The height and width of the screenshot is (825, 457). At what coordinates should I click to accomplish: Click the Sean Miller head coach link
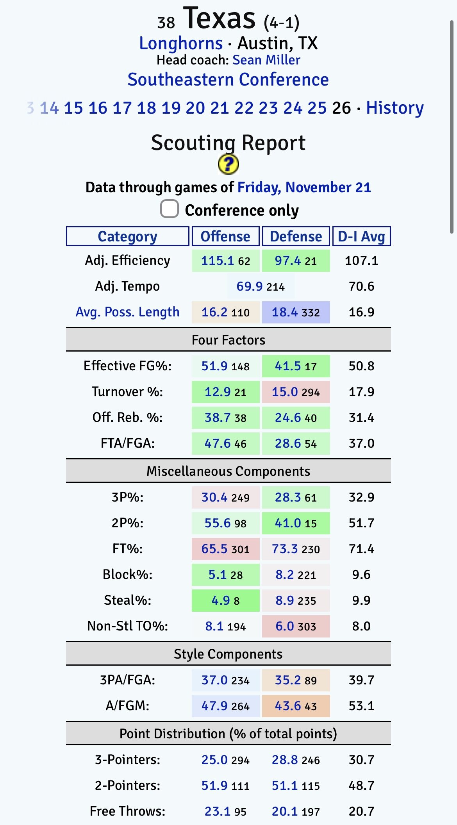click(266, 60)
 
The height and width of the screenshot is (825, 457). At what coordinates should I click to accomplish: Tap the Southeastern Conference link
click(228, 80)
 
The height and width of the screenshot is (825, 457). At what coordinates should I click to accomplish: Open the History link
click(395, 108)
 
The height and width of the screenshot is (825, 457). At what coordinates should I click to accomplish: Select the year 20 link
click(195, 108)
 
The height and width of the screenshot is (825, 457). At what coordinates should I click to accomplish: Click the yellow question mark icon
click(228, 164)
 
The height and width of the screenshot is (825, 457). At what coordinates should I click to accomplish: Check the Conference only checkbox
click(170, 209)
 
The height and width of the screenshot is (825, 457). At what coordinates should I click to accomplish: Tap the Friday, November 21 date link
click(304, 187)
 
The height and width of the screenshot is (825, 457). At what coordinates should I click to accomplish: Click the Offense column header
click(225, 236)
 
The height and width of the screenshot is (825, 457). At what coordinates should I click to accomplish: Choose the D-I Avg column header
click(361, 236)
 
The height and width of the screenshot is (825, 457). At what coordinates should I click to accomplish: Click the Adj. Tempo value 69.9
click(250, 286)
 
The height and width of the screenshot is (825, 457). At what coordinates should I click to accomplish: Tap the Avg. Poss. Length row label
click(127, 312)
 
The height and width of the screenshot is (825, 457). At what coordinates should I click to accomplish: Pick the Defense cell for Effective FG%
click(296, 366)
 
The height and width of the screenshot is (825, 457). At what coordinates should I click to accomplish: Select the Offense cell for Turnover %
click(225, 392)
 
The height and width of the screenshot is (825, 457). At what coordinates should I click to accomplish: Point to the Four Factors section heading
click(228, 340)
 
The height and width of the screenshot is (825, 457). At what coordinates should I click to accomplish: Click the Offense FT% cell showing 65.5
click(225, 549)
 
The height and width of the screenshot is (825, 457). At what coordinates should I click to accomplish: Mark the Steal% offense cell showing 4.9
click(225, 600)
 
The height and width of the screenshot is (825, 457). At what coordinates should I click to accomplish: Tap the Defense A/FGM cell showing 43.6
click(296, 706)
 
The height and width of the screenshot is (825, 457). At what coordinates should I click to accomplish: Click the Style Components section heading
click(228, 654)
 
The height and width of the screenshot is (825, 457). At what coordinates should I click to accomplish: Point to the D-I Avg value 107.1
click(361, 261)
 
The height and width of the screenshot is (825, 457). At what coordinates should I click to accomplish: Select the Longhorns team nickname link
click(181, 43)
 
